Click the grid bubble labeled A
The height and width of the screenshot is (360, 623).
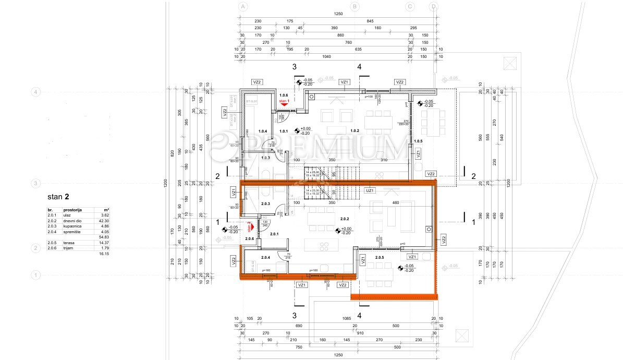point(242,7)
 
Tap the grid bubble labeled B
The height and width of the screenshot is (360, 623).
point(355,7)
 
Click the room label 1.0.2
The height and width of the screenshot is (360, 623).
point(355,131)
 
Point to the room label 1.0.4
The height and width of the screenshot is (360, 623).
point(263,131)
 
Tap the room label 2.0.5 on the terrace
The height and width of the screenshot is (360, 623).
point(379,257)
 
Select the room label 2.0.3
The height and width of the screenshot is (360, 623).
point(265,203)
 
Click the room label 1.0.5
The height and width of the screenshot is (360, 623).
point(418,141)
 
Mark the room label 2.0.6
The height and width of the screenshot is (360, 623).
point(249,238)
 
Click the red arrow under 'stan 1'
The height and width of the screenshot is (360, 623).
point(285,104)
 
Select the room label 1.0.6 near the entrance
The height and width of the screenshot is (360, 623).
point(284,95)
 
